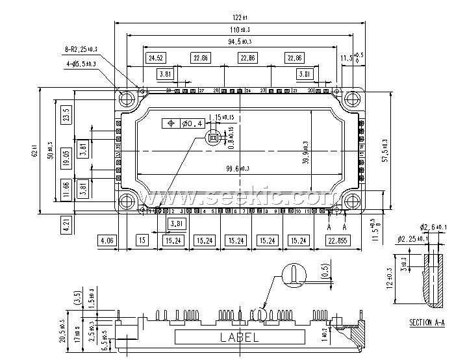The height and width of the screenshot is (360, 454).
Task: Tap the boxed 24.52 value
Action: tap(156, 58)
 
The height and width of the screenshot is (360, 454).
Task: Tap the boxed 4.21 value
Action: tap(66, 225)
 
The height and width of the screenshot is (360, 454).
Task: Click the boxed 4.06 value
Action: tap(106, 240)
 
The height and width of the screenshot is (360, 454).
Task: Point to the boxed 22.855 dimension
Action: tap(338, 240)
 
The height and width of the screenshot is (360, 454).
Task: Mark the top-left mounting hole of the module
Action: tap(127, 99)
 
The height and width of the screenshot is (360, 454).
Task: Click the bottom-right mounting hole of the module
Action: tap(351, 200)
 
